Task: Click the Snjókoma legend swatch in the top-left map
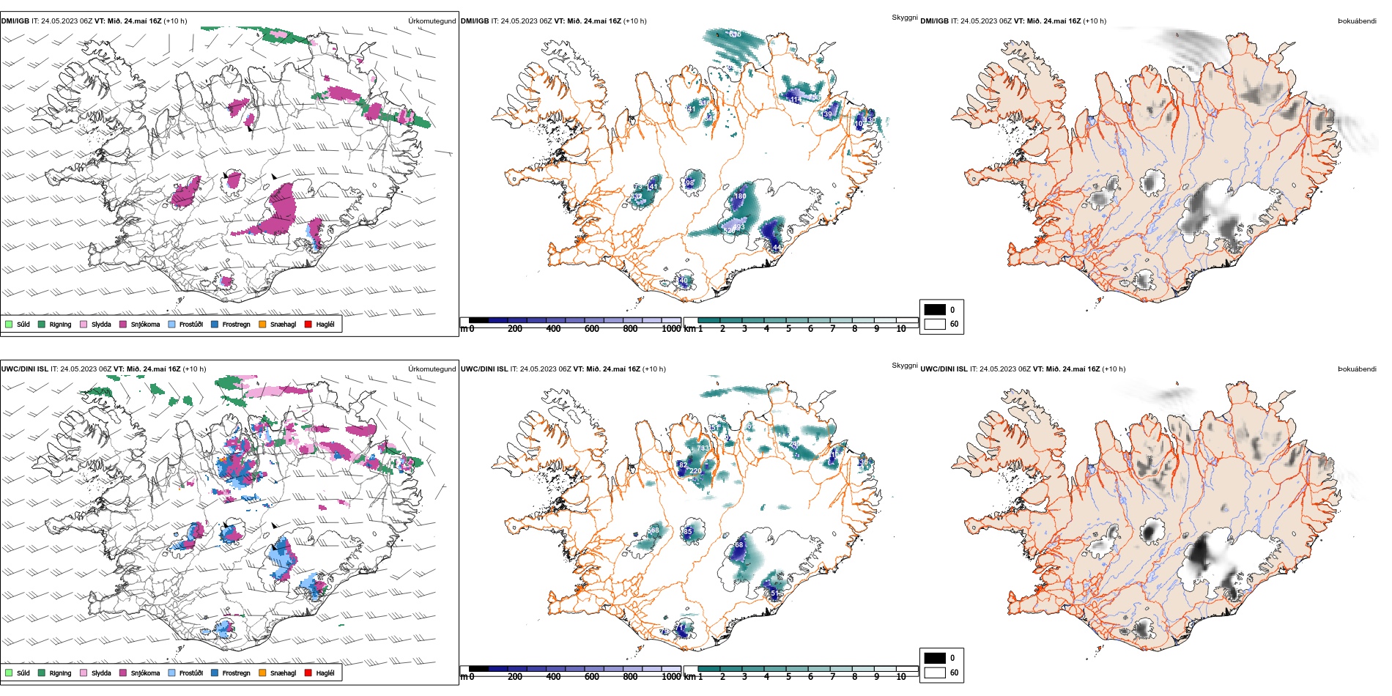[x=123, y=324]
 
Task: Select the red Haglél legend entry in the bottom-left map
[x=308, y=673]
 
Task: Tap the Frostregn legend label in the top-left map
[x=236, y=324]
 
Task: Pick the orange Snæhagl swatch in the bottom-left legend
[x=262, y=673]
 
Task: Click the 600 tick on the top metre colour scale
[x=591, y=329]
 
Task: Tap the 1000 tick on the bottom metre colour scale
[x=671, y=677]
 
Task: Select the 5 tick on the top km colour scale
[x=788, y=329]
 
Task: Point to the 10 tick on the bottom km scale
[x=901, y=677]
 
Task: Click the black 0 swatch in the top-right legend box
[x=935, y=309]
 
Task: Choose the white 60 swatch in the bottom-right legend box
[x=935, y=673]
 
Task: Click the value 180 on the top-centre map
[x=740, y=196]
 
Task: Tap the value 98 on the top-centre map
[x=689, y=183]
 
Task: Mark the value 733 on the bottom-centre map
[x=703, y=448]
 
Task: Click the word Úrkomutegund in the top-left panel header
[x=432, y=21]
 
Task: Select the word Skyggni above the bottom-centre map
[x=904, y=365]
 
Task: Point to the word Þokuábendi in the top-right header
[x=1357, y=21]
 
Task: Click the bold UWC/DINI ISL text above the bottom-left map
[x=24, y=369]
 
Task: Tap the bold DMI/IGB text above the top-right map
[x=934, y=21]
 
